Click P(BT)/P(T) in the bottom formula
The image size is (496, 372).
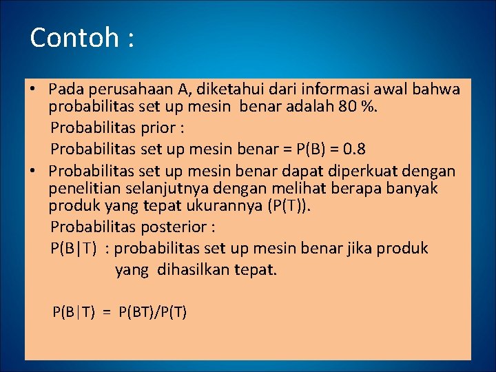point(152,312)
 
